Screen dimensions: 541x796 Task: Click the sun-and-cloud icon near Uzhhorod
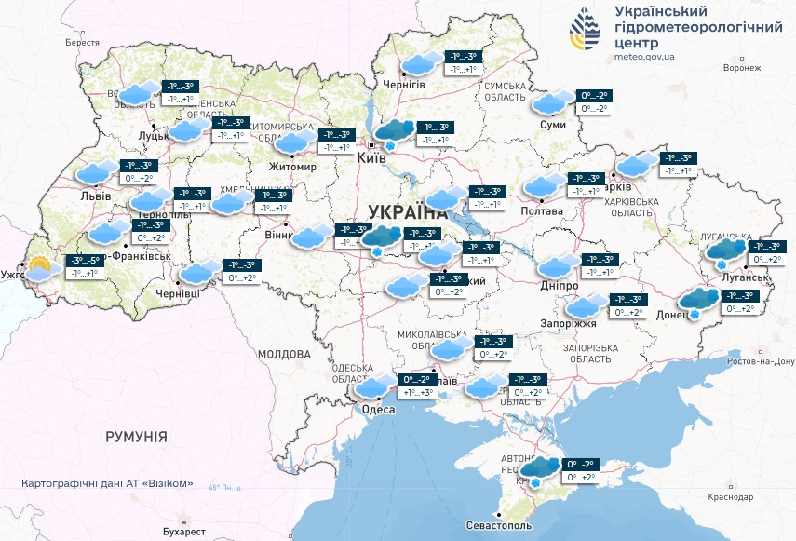pos(39,269)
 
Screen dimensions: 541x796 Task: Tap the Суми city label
pos(553,124)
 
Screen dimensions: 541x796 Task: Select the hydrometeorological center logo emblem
pos(585,33)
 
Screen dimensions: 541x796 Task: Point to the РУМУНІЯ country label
pos(136,436)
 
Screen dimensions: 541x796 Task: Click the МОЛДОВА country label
pos(283,354)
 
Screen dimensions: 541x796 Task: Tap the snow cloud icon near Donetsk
pos(698,302)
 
